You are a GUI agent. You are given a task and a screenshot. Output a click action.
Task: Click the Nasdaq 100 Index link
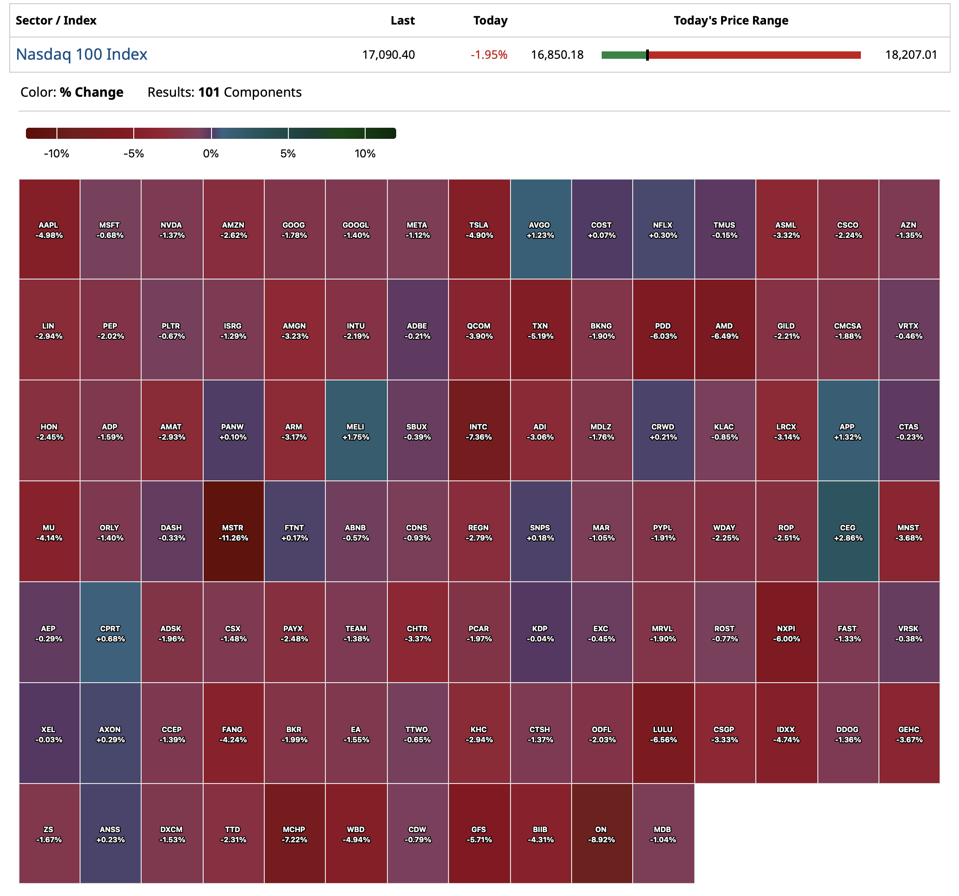click(81, 55)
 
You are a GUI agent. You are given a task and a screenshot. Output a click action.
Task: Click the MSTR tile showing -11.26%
click(233, 531)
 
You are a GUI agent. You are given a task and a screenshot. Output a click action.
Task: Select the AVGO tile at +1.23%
click(540, 230)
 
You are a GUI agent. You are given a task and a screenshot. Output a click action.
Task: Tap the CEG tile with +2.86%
click(847, 531)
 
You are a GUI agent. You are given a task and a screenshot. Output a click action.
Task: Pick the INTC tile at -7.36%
click(479, 430)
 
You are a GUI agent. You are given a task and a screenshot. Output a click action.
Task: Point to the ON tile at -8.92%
click(602, 834)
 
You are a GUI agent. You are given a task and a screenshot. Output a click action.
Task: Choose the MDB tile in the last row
click(663, 834)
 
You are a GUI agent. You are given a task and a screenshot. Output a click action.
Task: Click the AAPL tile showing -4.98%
click(49, 230)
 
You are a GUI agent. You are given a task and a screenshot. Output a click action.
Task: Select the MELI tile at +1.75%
click(356, 430)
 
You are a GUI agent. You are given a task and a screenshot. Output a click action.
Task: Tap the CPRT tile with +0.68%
click(111, 632)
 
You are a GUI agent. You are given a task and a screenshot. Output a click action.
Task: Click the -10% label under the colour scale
click(56, 154)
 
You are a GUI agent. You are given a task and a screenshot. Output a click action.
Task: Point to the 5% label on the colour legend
click(288, 154)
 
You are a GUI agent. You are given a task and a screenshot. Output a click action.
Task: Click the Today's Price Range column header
click(730, 21)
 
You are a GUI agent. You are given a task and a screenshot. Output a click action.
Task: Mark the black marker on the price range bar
click(648, 55)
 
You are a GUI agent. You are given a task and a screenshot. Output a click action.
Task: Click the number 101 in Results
click(209, 92)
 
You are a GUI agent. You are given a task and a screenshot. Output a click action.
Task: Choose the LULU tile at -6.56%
click(663, 733)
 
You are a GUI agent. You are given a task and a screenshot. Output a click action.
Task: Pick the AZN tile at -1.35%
click(909, 230)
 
